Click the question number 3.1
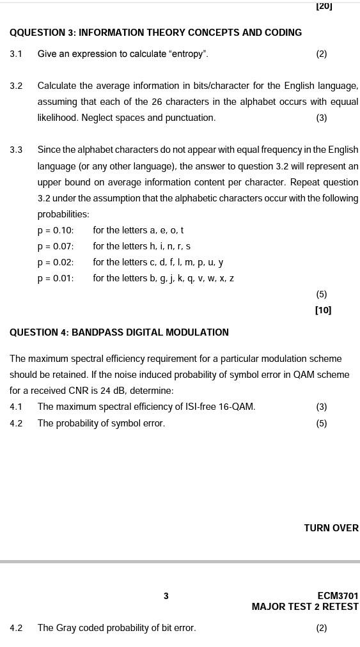[16, 54]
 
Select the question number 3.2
[16, 86]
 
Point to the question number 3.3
[16, 150]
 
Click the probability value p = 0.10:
[56, 230]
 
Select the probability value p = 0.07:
[56, 246]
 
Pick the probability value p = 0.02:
[56, 262]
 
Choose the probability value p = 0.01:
[56, 278]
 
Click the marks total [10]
[323, 310]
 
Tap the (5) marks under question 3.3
[322, 294]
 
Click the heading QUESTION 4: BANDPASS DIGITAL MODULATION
[119, 332]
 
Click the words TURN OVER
[331, 528]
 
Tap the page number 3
[166, 596]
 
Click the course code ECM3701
[338, 596]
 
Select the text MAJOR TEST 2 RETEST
[305, 607]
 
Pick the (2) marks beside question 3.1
[322, 54]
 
